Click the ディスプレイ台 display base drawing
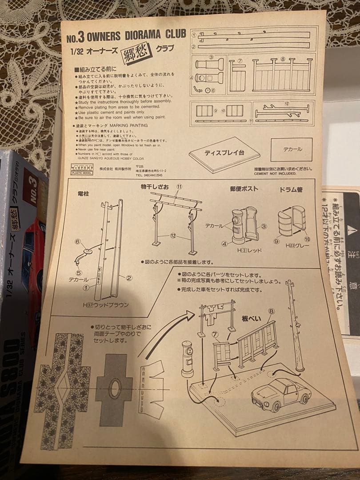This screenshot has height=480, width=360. pyautogui.click(x=224, y=154)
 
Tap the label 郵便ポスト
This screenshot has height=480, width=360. pyautogui.click(x=244, y=188)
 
